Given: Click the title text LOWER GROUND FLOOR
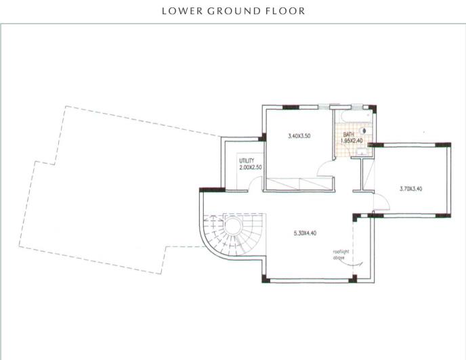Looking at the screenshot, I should (x=233, y=11).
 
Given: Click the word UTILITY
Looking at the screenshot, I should (x=246, y=161).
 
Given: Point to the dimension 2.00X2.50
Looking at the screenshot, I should (x=251, y=167).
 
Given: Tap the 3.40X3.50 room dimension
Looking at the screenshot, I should (x=299, y=136).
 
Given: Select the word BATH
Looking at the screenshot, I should (x=348, y=135).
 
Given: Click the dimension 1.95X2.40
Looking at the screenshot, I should (x=352, y=141).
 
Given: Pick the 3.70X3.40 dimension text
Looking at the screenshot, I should (x=411, y=189).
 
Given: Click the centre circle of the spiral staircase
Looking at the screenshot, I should (x=234, y=225).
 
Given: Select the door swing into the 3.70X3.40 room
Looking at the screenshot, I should (x=381, y=201).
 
